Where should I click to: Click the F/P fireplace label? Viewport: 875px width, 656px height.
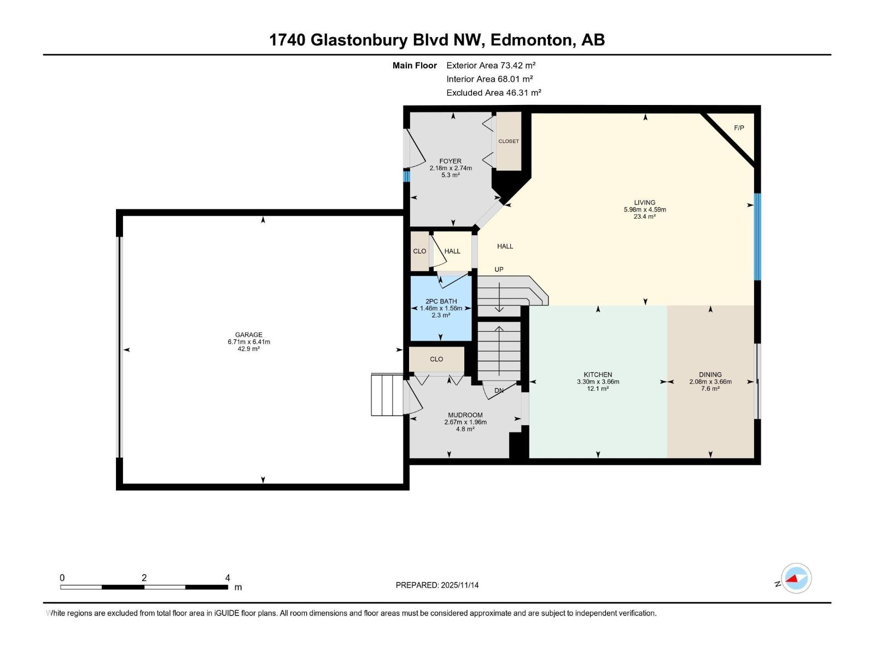pos(739,128)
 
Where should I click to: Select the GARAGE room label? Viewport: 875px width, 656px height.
pos(249,335)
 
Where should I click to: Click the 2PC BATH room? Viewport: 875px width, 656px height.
pos(441,308)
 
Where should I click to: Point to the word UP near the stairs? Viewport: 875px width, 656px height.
pos(499,270)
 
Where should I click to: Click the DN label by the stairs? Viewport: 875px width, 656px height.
pos(499,390)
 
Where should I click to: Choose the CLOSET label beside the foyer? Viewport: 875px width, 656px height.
pos(508,141)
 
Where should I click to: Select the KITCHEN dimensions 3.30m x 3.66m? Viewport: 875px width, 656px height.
pos(598,382)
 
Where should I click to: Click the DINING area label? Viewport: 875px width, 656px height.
pos(710,374)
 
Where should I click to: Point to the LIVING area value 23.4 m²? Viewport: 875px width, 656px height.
pos(645,216)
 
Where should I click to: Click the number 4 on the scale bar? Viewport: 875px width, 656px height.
pos(227,578)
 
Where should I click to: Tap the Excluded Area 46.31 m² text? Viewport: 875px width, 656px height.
pos(493,93)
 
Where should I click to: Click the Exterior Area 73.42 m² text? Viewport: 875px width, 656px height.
pos(491,65)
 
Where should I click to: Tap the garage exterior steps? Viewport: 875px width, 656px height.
pos(387,395)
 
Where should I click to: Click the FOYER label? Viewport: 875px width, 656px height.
pos(450,161)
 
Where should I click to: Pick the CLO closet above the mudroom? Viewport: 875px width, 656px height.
pos(436,359)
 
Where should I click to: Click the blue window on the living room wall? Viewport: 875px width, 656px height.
pos(757,237)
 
